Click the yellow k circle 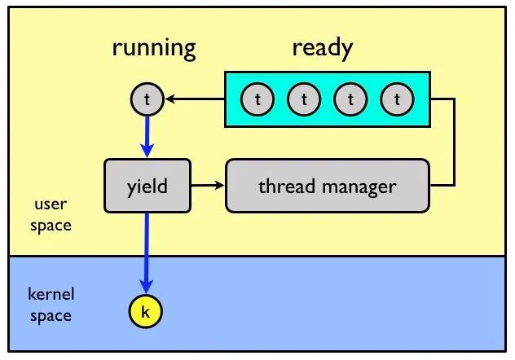click(x=146, y=311)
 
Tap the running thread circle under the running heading click(x=147, y=99)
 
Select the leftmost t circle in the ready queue click(x=257, y=99)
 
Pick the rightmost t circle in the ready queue click(x=397, y=99)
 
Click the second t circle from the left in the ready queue click(x=304, y=99)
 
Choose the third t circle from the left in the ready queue click(x=350, y=99)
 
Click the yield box click(x=147, y=186)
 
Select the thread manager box click(x=328, y=186)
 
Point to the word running click(x=154, y=49)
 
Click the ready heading click(x=323, y=49)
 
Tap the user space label click(x=51, y=215)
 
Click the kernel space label click(x=51, y=305)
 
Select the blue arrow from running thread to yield click(x=147, y=137)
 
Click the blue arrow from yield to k click(x=147, y=252)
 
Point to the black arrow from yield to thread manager click(x=208, y=186)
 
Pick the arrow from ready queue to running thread click(x=195, y=99)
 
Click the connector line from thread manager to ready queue click(x=454, y=142)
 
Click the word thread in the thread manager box click(x=286, y=186)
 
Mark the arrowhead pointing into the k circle click(x=147, y=287)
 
